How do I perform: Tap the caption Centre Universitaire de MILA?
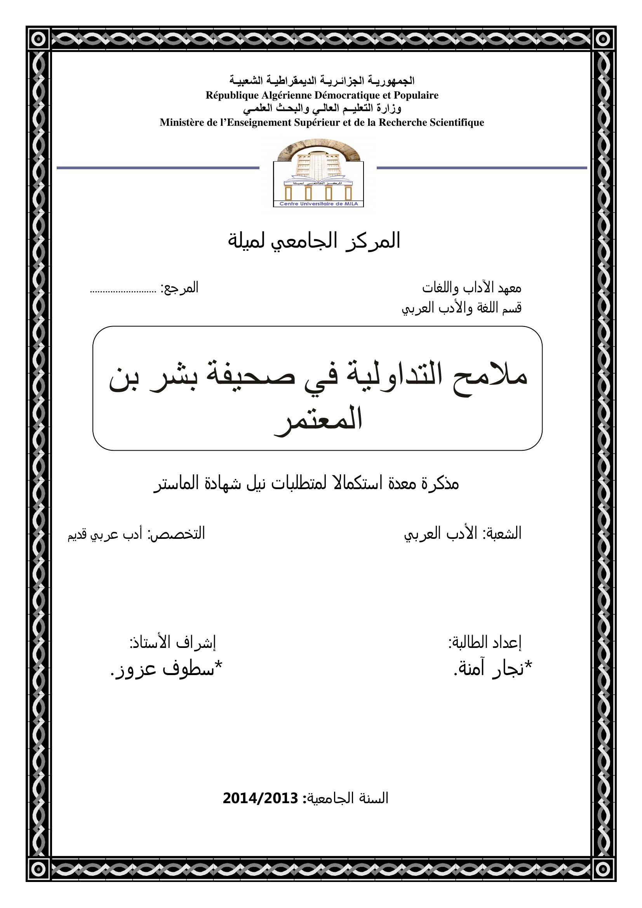(x=318, y=204)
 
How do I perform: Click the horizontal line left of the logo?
(x=158, y=168)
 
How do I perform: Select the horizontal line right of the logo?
(x=481, y=168)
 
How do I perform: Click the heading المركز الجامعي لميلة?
(x=314, y=241)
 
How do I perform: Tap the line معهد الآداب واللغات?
(x=471, y=288)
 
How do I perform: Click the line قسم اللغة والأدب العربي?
(x=461, y=308)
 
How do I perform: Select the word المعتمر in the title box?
(x=318, y=421)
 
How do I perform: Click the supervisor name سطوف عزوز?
(x=166, y=668)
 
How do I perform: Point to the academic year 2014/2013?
(x=260, y=799)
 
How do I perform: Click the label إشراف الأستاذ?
(x=173, y=642)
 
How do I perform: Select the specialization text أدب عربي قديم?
(x=105, y=534)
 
